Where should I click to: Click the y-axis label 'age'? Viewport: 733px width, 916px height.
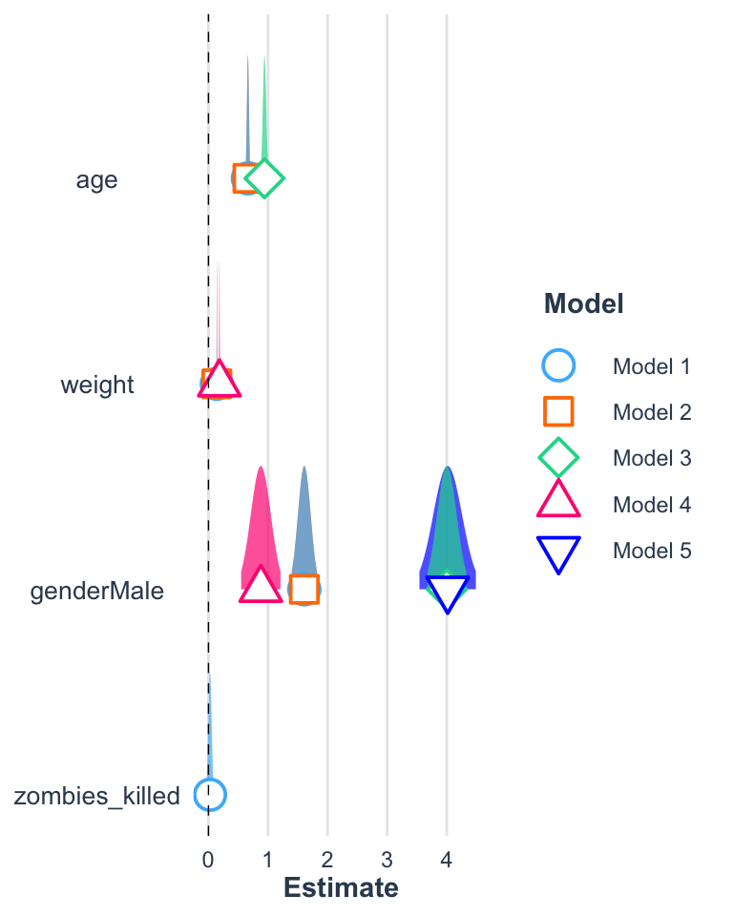click(x=96, y=179)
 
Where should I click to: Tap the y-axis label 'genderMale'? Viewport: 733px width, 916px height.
click(x=96, y=591)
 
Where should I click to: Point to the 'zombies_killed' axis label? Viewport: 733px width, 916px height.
click(x=96, y=796)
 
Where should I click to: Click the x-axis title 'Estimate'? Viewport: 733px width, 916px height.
click(x=341, y=888)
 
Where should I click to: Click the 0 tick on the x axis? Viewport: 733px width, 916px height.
click(x=208, y=858)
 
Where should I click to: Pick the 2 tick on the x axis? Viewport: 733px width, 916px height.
click(x=327, y=858)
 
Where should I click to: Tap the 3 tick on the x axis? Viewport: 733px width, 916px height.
click(x=387, y=858)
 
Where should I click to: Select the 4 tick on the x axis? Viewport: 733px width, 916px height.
click(x=447, y=858)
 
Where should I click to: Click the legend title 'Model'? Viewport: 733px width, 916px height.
click(x=583, y=304)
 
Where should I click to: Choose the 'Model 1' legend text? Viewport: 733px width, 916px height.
click(x=651, y=366)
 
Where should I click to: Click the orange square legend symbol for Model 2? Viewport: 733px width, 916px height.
click(x=558, y=412)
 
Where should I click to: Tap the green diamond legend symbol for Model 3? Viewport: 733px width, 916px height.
click(x=558, y=458)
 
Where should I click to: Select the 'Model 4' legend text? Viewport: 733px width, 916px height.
click(x=651, y=504)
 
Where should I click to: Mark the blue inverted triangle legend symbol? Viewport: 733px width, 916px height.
click(x=558, y=551)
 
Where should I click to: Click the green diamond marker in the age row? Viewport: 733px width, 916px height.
click(x=264, y=177)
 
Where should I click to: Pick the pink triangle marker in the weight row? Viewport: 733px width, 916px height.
click(x=220, y=381)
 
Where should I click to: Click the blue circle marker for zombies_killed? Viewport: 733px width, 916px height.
click(x=210, y=794)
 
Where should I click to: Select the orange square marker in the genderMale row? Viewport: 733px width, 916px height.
click(x=304, y=590)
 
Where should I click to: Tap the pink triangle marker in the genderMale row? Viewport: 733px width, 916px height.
click(x=260, y=586)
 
